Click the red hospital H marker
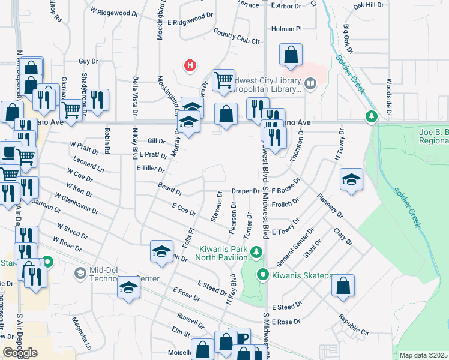tap(190, 65)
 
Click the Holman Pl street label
tap(286, 28)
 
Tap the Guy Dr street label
tap(88, 61)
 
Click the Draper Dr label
tap(245, 191)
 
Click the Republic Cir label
tap(353, 324)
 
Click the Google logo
tap(20, 353)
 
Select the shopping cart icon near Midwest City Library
tap(223, 79)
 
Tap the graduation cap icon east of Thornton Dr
tap(352, 179)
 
